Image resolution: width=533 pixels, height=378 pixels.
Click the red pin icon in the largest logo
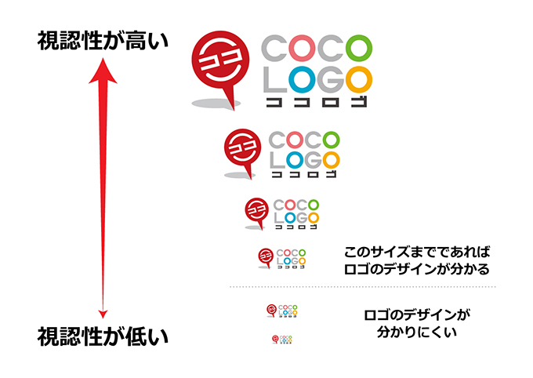[217, 59]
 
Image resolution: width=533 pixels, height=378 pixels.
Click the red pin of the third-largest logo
[255, 209]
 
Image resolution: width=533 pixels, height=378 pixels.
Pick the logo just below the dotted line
[282, 311]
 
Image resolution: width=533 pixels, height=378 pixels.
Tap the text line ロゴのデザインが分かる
[417, 271]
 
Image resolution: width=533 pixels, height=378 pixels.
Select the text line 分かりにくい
[417, 333]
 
